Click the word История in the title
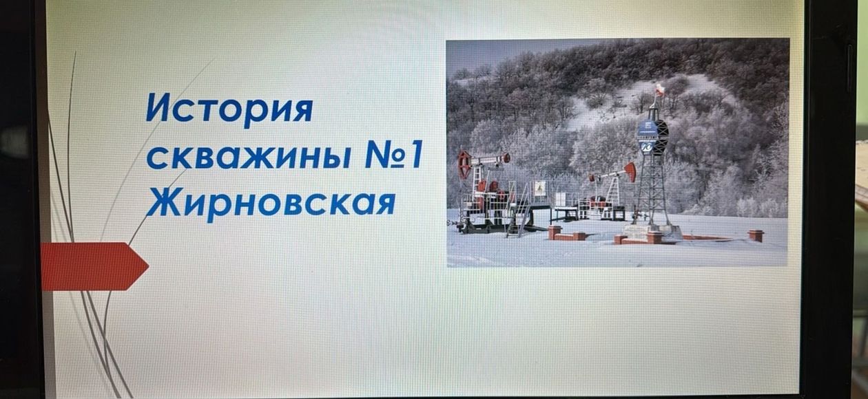[x=229, y=109]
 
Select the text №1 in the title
[x=393, y=155]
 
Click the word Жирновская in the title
[x=271, y=203]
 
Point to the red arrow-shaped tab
[x=94, y=266]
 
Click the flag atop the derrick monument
[x=659, y=90]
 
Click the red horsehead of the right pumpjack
[x=630, y=171]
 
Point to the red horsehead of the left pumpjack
[x=464, y=164]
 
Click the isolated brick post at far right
[x=756, y=236]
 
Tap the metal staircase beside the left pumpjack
[x=519, y=211]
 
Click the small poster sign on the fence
[x=540, y=188]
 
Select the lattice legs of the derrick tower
[x=653, y=190]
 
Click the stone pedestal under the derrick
[x=646, y=233]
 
